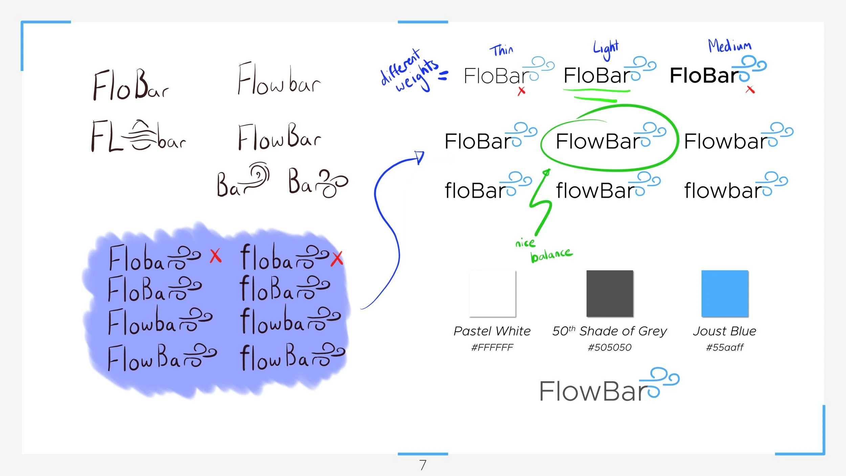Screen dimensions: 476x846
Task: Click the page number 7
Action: pyautogui.click(x=423, y=465)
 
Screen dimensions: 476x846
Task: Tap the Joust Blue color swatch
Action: pyautogui.click(x=725, y=293)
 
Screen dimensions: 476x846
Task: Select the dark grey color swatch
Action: pyautogui.click(x=609, y=293)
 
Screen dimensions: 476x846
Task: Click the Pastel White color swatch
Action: pyautogui.click(x=492, y=293)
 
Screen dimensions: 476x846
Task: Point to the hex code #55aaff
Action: pyautogui.click(x=725, y=347)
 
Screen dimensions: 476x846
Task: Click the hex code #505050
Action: pyautogui.click(x=609, y=347)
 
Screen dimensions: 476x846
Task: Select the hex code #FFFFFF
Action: pyautogui.click(x=492, y=347)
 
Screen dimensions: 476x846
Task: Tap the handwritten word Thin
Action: pyautogui.click(x=501, y=50)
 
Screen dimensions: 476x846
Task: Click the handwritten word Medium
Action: pyautogui.click(x=730, y=46)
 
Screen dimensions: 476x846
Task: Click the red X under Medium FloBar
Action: pyautogui.click(x=750, y=90)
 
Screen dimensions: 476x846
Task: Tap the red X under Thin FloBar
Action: pyautogui.click(x=521, y=91)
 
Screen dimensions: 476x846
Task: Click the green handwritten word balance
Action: pyautogui.click(x=551, y=255)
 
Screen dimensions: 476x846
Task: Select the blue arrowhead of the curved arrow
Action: pyautogui.click(x=420, y=157)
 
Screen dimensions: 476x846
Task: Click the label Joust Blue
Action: pyautogui.click(x=725, y=331)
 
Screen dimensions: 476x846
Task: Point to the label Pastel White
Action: pyautogui.click(x=492, y=331)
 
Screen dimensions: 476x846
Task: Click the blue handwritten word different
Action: pyautogui.click(x=400, y=67)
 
